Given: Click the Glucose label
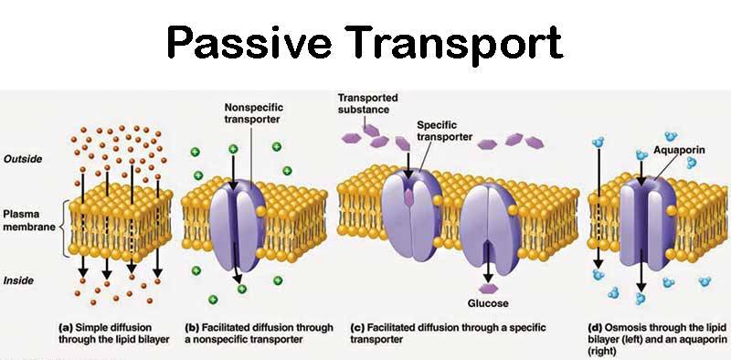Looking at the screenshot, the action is pos(487,302).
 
